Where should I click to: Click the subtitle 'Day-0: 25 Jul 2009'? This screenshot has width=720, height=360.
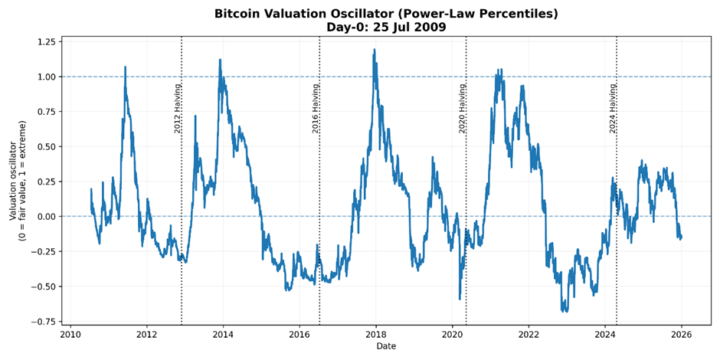386,28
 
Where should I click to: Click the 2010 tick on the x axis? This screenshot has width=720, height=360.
70,334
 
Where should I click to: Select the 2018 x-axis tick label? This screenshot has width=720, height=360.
376,334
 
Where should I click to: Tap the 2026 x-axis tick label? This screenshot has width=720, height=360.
682,334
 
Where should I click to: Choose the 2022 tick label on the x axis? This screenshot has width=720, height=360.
529,334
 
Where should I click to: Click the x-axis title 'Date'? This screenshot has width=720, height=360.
386,346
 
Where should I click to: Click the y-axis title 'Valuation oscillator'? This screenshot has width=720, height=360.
14,181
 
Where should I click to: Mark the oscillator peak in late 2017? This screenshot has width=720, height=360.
375,51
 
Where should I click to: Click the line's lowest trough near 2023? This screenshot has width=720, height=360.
565,310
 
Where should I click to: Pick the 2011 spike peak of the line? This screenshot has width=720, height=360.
125,67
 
